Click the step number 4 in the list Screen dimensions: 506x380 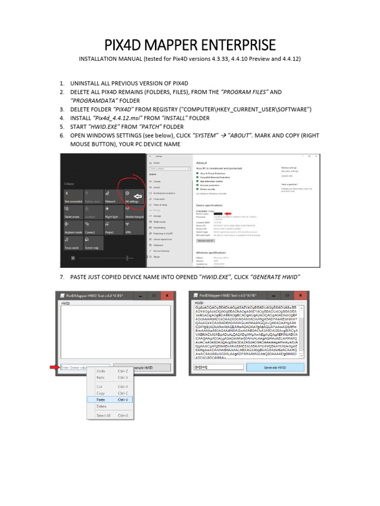[62, 118]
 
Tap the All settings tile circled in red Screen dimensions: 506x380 [133, 196]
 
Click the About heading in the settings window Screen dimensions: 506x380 [201, 162]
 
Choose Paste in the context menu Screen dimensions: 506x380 [101, 399]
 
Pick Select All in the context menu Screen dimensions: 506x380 [103, 416]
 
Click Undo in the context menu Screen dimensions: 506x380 [101, 371]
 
